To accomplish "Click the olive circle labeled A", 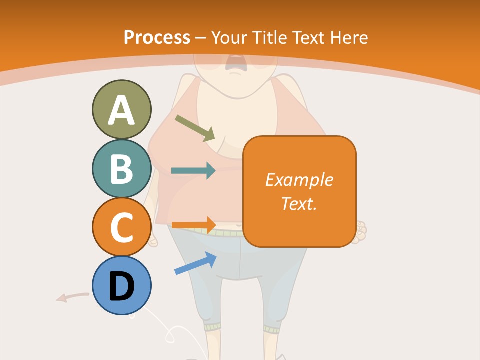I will [121, 109].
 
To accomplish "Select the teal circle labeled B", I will [121, 168].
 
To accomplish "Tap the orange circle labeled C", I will [121, 227].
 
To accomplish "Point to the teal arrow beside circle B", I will [193, 171].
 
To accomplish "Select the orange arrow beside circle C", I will [193, 224].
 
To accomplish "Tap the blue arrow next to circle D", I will [195, 263].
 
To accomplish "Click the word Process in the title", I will [157, 38].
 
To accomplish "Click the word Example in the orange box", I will [299, 180].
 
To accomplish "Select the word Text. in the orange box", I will [299, 203].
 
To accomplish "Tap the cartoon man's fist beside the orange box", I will [361, 232].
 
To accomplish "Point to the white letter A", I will [121, 110].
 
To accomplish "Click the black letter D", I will [121, 286].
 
